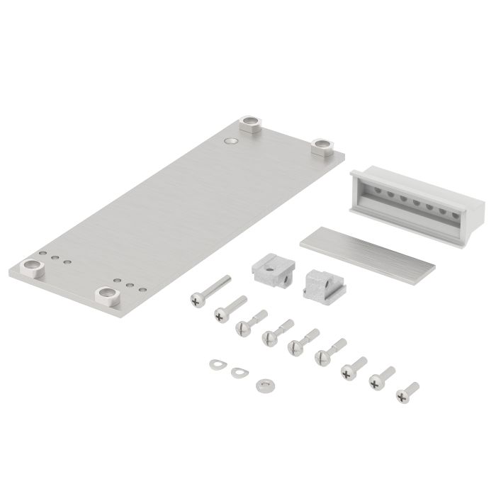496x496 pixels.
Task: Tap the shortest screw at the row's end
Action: click(x=407, y=390)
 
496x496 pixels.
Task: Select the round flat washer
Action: click(x=265, y=383)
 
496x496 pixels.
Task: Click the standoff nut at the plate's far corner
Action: click(x=250, y=125)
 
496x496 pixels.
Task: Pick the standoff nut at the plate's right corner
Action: click(x=323, y=147)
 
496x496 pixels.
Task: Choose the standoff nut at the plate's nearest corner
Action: click(x=108, y=295)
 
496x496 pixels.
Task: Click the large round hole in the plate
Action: click(x=228, y=142)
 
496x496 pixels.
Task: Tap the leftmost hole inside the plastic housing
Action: click(x=369, y=190)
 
